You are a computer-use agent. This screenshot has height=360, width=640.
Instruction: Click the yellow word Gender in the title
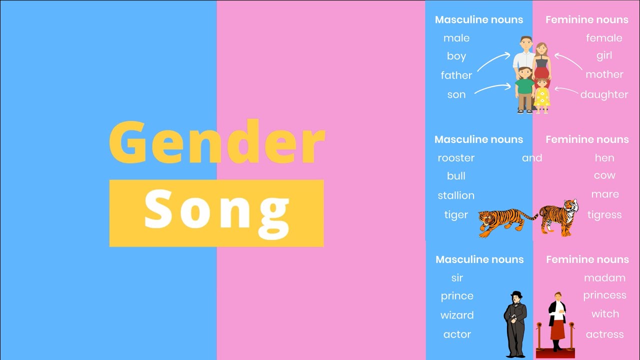217,142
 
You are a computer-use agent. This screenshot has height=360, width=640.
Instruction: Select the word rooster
456,158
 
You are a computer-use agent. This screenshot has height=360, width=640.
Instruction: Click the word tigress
604,215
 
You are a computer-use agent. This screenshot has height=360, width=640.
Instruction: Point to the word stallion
456,195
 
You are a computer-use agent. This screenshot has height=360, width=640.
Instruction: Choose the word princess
604,295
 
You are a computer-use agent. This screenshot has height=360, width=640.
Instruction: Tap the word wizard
457,315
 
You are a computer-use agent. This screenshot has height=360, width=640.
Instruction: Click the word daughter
604,94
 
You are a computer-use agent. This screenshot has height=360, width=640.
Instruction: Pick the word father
456,75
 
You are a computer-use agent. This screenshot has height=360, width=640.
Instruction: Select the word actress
604,334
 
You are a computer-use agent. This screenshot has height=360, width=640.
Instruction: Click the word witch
605,314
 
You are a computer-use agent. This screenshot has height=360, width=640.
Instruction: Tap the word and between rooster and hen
532,158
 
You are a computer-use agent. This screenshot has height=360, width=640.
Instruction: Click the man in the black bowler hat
515,322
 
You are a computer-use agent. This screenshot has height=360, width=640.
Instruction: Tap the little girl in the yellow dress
541,95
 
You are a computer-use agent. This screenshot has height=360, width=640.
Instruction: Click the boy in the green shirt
524,90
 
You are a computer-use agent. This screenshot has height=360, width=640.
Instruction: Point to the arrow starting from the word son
492,88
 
